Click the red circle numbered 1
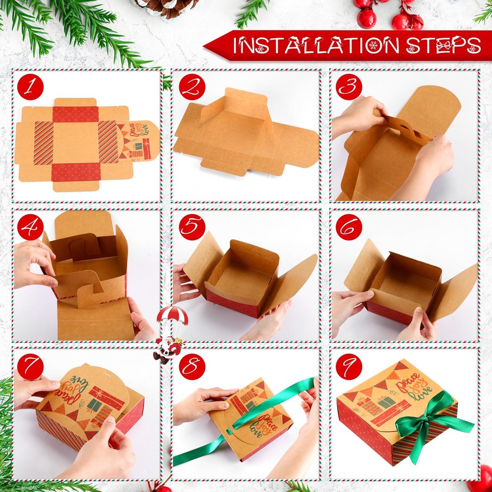pos(30,87)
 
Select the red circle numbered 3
pos(349,87)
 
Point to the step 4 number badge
pos(30,227)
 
